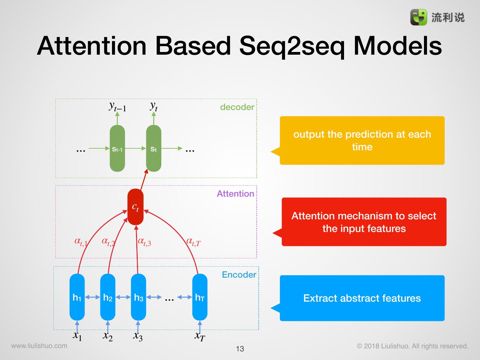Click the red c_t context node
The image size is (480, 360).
135,207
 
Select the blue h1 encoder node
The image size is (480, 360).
77,297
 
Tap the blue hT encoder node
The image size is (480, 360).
200,297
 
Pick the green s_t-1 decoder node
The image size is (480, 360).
117,149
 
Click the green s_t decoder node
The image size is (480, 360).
154,149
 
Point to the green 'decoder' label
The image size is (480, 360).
237,107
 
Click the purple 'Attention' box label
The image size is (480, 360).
235,194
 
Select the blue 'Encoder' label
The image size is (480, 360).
239,275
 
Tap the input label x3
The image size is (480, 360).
138,336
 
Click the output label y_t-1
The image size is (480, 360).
117,106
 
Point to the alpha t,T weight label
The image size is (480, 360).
193,242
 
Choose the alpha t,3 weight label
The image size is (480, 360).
144,242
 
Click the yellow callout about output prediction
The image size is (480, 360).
362,140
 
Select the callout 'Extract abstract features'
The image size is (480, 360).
362,298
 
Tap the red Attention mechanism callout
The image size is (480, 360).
364,222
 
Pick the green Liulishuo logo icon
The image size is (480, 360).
418,17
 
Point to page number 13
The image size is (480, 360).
240,349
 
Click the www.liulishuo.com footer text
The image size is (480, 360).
39,346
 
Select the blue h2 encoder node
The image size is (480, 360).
108,297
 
